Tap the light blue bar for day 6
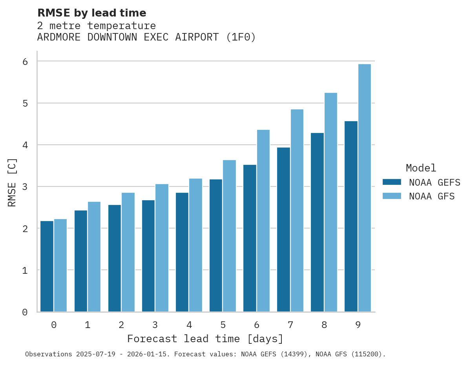[x=263, y=221]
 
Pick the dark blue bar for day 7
[x=283, y=230]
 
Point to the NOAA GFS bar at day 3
[x=162, y=248]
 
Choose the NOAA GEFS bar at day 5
[x=216, y=245]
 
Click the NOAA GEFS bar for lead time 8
[x=317, y=222]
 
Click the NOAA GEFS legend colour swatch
[x=392, y=182]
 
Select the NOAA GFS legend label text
[x=432, y=196]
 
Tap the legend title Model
[x=421, y=168]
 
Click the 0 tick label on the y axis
[x=25, y=312]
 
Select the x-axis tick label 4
[x=189, y=325]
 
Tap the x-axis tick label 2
[x=121, y=325]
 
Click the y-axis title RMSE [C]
[x=12, y=182]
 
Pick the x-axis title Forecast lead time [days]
[x=205, y=339]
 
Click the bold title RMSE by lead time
[x=91, y=13]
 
